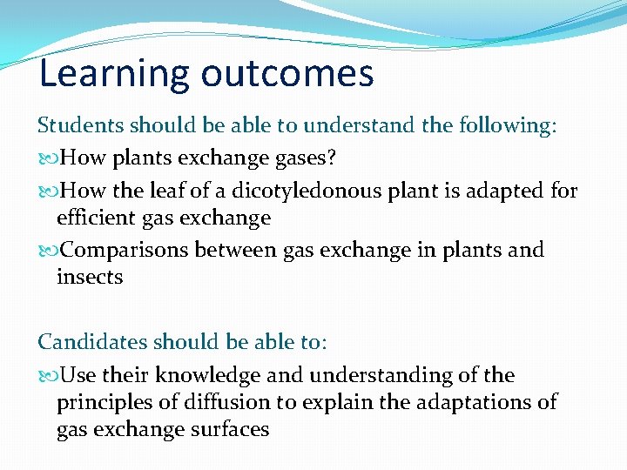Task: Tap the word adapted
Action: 510,190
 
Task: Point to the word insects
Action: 90,278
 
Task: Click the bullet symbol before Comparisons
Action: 48,251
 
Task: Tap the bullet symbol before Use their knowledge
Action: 48,376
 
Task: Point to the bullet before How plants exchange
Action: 48,158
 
